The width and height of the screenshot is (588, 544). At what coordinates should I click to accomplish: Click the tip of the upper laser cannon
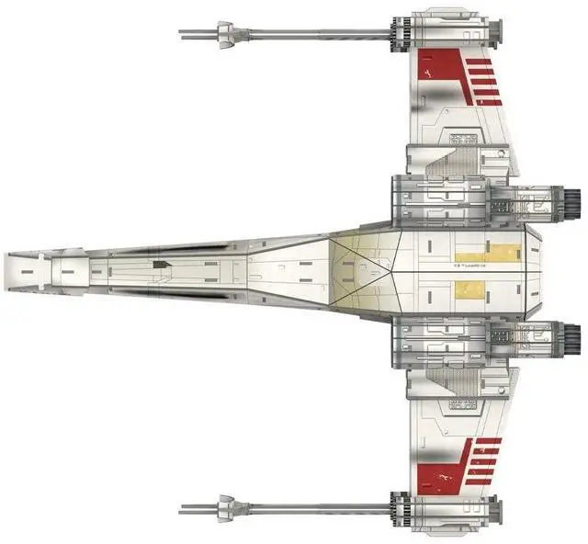[181, 35]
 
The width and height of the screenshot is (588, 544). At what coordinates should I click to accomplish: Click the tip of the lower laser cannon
[181, 507]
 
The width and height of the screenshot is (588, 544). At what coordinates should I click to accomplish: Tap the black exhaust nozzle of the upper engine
[572, 198]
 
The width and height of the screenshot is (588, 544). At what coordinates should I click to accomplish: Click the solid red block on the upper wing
[431, 67]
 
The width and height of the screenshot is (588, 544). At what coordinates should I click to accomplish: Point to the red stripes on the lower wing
[483, 460]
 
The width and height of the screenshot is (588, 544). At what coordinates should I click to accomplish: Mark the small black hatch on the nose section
[162, 265]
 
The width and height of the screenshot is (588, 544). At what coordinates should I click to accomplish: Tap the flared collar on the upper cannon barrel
[222, 35]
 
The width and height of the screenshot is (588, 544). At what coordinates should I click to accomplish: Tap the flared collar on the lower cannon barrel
[222, 507]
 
